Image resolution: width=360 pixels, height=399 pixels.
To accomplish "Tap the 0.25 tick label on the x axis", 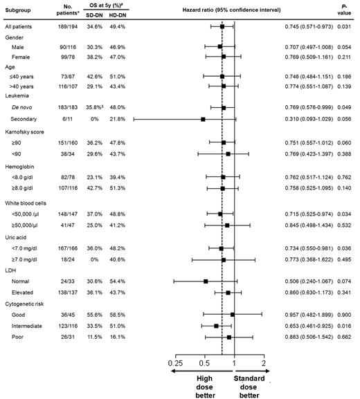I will [175, 363].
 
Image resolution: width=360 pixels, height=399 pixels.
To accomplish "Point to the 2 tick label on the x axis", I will [264, 363].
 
